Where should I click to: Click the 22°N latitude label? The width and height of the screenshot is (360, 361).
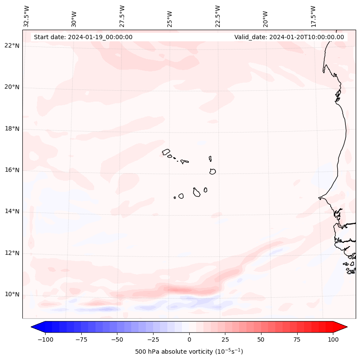point(12,46)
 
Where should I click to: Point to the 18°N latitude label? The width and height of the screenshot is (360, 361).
point(12,129)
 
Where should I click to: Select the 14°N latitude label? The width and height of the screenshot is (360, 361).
point(12,211)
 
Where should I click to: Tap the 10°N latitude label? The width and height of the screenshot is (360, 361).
point(12,294)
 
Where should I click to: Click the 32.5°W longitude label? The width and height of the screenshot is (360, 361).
point(27,16)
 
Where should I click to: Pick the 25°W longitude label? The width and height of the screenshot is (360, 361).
point(170,16)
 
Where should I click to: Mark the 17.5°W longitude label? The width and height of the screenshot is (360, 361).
point(313,16)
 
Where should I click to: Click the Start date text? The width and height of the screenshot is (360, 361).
point(83,37)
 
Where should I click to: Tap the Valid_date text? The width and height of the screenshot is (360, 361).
point(289,37)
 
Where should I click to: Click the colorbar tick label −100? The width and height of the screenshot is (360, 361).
point(45,339)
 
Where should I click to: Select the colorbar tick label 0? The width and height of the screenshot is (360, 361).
point(189,339)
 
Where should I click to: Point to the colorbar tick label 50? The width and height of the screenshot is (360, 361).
point(261,339)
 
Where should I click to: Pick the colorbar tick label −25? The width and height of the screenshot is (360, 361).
point(153,339)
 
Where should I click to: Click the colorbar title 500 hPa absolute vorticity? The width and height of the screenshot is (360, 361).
point(189,352)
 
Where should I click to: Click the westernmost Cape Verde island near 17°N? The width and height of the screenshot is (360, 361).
point(166,152)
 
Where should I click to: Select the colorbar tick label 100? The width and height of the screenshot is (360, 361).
point(333,339)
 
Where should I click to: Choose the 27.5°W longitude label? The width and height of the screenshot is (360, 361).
point(122,16)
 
